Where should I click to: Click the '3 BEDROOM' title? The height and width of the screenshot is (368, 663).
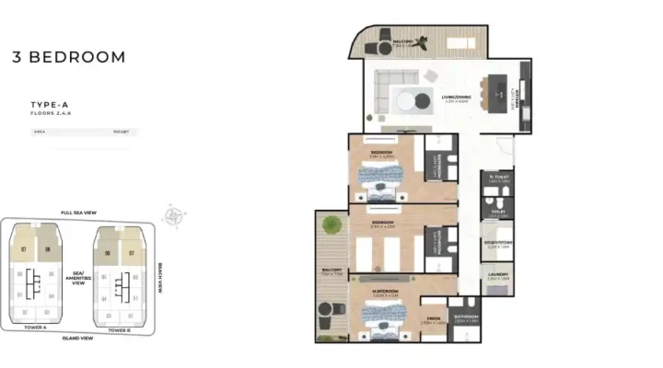tap(69, 57)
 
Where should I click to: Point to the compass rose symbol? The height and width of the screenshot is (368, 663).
tap(172, 216)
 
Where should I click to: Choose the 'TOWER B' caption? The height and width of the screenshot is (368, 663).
tap(119, 329)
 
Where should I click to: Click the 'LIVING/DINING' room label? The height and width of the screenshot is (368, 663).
tap(456, 97)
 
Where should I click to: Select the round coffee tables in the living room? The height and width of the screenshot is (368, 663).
tap(413, 100)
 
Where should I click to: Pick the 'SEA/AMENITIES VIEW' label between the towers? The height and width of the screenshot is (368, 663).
tap(78, 277)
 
